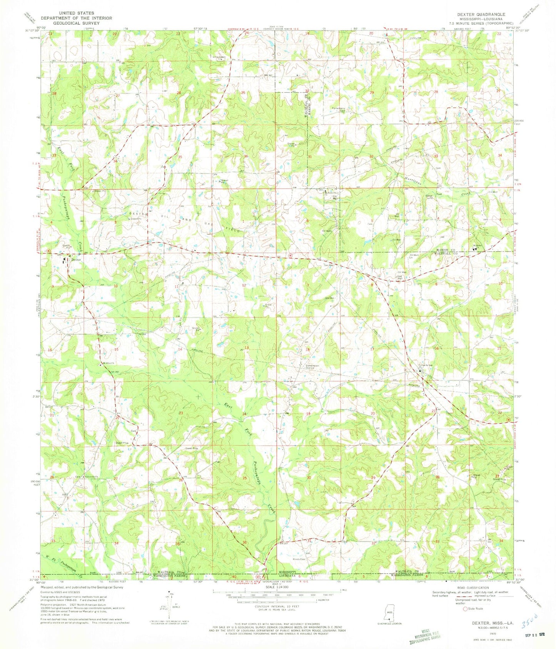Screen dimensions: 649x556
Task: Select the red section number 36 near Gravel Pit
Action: [x=245, y=156]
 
